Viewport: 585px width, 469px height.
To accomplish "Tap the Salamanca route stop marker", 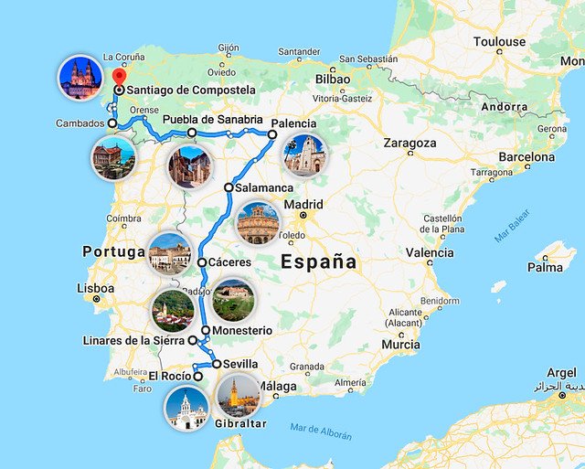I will tap(229, 187).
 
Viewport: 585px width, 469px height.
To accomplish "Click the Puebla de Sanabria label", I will tap(212, 120).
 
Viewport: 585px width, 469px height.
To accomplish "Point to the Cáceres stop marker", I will tap(202, 262).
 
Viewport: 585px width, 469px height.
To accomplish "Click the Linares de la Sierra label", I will tap(133, 341).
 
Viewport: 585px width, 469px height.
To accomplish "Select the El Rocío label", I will tap(170, 376).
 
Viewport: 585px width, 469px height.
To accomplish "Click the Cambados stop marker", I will tap(112, 123).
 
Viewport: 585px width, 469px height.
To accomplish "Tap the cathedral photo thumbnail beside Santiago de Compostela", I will tap(80, 77).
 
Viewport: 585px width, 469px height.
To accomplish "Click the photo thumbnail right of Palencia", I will tap(304, 155).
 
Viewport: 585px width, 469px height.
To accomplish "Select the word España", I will tap(318, 261).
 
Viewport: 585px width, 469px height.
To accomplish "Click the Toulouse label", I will tap(499, 42).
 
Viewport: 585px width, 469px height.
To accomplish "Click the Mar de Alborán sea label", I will tap(320, 431).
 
